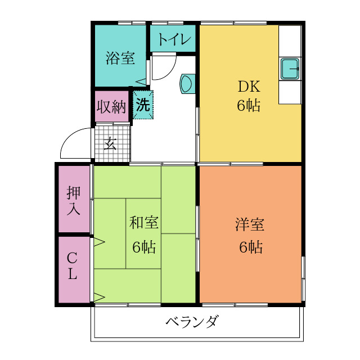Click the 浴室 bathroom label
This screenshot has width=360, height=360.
point(120,58)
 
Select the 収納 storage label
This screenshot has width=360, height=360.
point(112,106)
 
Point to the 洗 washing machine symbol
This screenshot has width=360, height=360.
point(143,104)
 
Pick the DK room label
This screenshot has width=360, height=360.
point(248,87)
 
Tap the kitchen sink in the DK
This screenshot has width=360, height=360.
point(290,69)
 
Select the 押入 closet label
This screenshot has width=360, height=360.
point(74,201)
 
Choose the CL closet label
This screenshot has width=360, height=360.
point(73,267)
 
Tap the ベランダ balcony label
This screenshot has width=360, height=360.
point(192,322)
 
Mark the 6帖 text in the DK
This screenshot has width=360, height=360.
point(248,106)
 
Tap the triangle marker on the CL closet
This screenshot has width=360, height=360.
point(99,297)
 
